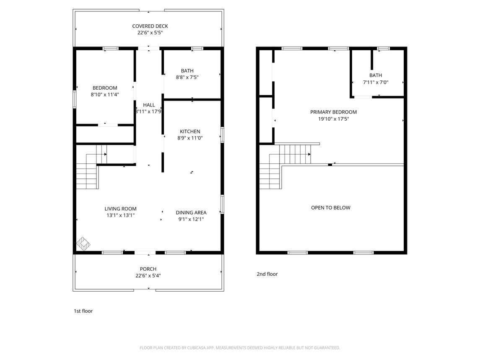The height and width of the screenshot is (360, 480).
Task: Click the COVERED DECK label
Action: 150,26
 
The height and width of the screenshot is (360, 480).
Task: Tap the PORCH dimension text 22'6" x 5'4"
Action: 148,275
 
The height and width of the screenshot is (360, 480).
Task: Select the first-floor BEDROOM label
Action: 105,88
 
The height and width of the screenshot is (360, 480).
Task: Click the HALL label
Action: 149,105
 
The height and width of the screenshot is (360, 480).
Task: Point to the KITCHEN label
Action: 190,132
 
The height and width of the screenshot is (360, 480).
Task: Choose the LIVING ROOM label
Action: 121,209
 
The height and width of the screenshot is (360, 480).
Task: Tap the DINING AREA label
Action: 191,212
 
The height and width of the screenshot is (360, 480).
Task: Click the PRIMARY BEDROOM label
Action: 333,112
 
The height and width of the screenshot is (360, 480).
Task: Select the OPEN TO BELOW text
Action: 331,207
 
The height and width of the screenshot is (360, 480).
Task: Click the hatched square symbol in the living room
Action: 83,244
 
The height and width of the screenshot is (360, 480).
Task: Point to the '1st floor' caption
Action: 83,311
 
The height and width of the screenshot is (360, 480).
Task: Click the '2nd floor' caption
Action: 267,274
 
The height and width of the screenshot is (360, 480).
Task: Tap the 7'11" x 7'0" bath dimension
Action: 376,82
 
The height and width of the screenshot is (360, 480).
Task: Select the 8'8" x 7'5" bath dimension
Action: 187,78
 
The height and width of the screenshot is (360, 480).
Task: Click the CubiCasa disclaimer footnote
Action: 240,348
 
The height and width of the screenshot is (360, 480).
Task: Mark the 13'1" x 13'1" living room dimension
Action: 121,215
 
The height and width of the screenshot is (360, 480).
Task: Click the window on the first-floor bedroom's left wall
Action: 74,99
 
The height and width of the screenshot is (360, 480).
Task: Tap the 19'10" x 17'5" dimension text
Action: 333,119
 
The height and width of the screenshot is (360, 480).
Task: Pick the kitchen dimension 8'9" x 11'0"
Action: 190,138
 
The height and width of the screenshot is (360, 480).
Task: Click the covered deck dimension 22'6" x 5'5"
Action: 150,33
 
